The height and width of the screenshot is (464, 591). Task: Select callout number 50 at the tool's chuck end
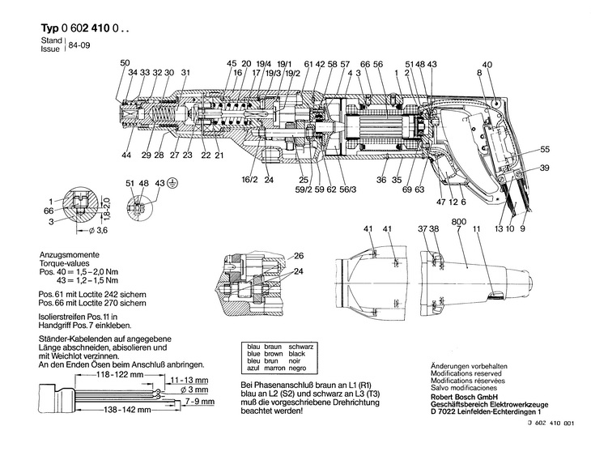click(x=124, y=63)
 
